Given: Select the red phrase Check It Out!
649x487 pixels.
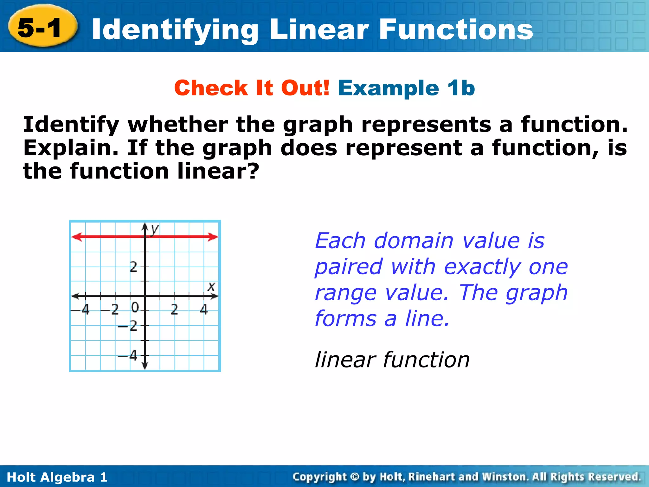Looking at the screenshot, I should [x=252, y=88].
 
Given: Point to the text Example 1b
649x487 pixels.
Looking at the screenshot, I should [x=406, y=88].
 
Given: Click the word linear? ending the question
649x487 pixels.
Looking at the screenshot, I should [x=218, y=171].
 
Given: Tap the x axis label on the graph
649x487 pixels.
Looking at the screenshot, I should [x=211, y=287].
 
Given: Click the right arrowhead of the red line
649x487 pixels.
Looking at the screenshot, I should [x=214, y=237].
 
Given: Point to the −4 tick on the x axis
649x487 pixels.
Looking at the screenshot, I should [x=81, y=309].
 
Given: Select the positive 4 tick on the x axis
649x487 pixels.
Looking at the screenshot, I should [x=204, y=309].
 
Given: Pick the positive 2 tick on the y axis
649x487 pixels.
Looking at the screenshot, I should [x=134, y=267].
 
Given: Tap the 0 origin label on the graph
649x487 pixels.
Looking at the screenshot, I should [x=135, y=307].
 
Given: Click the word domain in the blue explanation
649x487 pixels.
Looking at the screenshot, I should [x=414, y=241].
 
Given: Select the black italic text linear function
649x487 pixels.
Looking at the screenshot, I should [x=392, y=360].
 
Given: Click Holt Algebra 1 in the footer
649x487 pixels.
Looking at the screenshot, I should [x=57, y=477].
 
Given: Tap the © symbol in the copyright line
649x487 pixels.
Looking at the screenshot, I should [x=355, y=477].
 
